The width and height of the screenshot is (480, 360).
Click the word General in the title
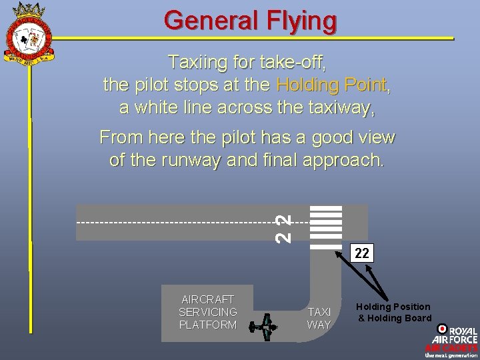[x=204, y=20]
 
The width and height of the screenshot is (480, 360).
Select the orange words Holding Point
[x=331, y=85]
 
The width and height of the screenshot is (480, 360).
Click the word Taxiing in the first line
[x=193, y=63]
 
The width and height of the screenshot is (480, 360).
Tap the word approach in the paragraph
[x=345, y=161]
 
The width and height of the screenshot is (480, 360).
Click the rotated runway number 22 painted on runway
[x=284, y=227]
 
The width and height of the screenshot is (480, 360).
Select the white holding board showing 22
[x=361, y=253]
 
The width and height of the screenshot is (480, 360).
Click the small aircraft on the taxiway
[x=264, y=326]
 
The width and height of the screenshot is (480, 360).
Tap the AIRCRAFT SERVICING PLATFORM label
[x=208, y=311]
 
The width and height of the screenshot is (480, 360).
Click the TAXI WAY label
[x=319, y=319]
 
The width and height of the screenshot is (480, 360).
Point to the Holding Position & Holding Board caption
[x=393, y=312]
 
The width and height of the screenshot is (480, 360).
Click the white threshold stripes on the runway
[x=327, y=226]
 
